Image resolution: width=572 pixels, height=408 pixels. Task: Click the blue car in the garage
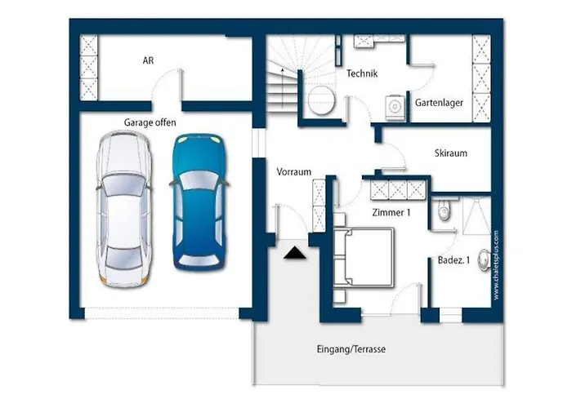[199, 202]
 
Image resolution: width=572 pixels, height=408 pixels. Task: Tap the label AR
[148, 60]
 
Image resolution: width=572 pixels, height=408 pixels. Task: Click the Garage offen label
[150, 122]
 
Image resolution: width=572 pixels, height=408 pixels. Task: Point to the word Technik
[362, 73]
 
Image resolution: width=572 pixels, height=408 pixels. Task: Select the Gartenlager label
[439, 103]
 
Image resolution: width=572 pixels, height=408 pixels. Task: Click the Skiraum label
[451, 153]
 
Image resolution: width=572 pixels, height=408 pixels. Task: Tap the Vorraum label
[293, 172]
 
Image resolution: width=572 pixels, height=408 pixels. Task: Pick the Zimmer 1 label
[391, 212]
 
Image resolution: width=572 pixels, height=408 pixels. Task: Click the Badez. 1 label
[454, 260]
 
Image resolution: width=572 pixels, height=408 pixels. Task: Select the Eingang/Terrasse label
[351, 349]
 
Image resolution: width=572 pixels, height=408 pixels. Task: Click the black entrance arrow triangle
[295, 253]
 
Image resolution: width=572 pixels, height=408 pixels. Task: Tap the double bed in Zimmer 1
[364, 257]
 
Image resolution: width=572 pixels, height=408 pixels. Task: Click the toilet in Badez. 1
[444, 211]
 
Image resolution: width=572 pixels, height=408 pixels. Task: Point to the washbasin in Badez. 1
[485, 259]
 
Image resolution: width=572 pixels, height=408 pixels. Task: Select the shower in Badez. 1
[476, 215]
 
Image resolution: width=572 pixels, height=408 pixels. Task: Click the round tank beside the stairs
[321, 100]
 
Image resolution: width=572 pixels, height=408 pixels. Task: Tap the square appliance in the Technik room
[395, 108]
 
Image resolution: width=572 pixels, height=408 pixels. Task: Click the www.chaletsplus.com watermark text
[497, 265]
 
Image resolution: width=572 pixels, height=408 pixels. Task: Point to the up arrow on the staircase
[283, 87]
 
